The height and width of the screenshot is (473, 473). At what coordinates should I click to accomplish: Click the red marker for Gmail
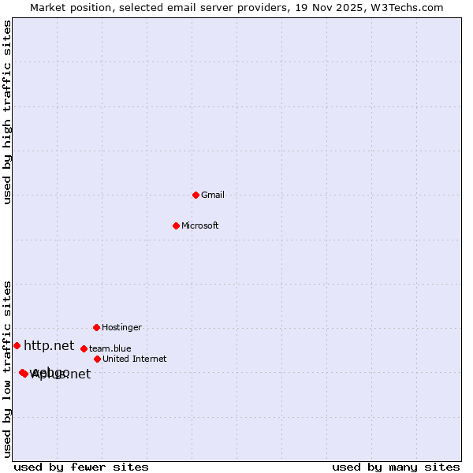(196, 195)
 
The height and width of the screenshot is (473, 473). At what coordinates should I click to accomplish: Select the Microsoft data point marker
(176, 225)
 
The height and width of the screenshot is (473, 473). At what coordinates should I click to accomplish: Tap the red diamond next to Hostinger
(96, 327)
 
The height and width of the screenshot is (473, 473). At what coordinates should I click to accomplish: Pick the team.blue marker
(84, 348)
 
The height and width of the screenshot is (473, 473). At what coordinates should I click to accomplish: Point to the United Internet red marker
(97, 359)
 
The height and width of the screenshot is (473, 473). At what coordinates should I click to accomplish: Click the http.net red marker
(17, 345)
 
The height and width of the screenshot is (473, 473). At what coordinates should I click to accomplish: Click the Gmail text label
(213, 195)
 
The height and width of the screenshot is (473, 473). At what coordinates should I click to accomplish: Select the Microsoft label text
(199, 225)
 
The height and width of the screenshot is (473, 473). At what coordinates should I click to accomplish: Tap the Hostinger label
(121, 327)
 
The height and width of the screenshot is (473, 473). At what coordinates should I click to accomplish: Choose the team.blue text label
(110, 348)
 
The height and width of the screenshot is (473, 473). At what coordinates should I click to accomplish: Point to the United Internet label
(134, 359)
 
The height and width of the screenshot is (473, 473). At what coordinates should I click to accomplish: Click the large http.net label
(49, 345)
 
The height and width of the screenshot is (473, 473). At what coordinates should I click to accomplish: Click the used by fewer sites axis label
(81, 467)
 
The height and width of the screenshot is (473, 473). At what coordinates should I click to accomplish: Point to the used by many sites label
(396, 467)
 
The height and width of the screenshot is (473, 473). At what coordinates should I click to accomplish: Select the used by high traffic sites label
(7, 112)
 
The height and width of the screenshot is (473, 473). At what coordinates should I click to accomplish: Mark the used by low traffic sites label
(7, 369)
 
